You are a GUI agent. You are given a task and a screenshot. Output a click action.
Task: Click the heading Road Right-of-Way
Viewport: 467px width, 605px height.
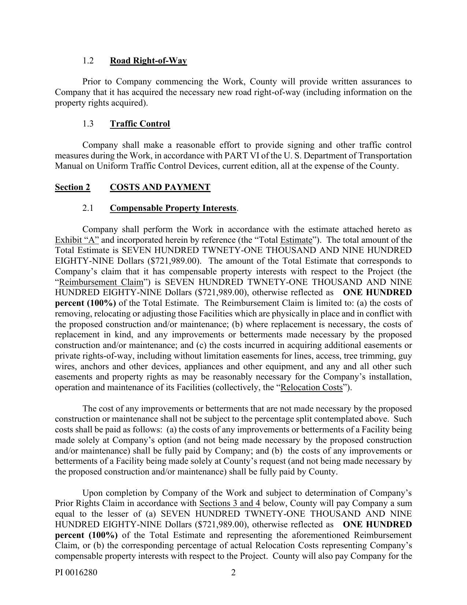tap(148, 60)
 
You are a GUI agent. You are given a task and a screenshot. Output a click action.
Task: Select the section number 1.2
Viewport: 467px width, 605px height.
tap(88, 60)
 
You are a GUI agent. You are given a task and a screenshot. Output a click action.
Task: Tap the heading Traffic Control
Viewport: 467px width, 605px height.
tap(140, 124)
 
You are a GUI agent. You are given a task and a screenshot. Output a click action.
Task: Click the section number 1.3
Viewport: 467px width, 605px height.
tap(88, 124)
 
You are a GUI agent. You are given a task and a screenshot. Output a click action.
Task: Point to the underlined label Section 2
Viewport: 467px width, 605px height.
tap(73, 187)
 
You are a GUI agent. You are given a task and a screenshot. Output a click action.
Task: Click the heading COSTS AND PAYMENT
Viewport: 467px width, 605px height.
tap(160, 187)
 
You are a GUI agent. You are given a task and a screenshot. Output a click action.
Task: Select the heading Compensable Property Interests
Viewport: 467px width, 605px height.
tap(173, 208)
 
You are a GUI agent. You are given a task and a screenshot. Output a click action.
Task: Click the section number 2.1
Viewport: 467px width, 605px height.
tap(88, 208)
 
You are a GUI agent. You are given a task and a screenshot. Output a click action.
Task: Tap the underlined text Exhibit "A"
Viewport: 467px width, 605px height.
tap(77, 240)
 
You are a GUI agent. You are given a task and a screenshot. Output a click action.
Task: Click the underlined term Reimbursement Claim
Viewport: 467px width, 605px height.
tap(101, 282)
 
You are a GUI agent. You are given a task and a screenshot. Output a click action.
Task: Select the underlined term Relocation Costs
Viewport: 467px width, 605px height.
tap(312, 388)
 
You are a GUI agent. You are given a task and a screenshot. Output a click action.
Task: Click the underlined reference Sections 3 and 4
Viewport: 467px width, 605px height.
tap(230, 503)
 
